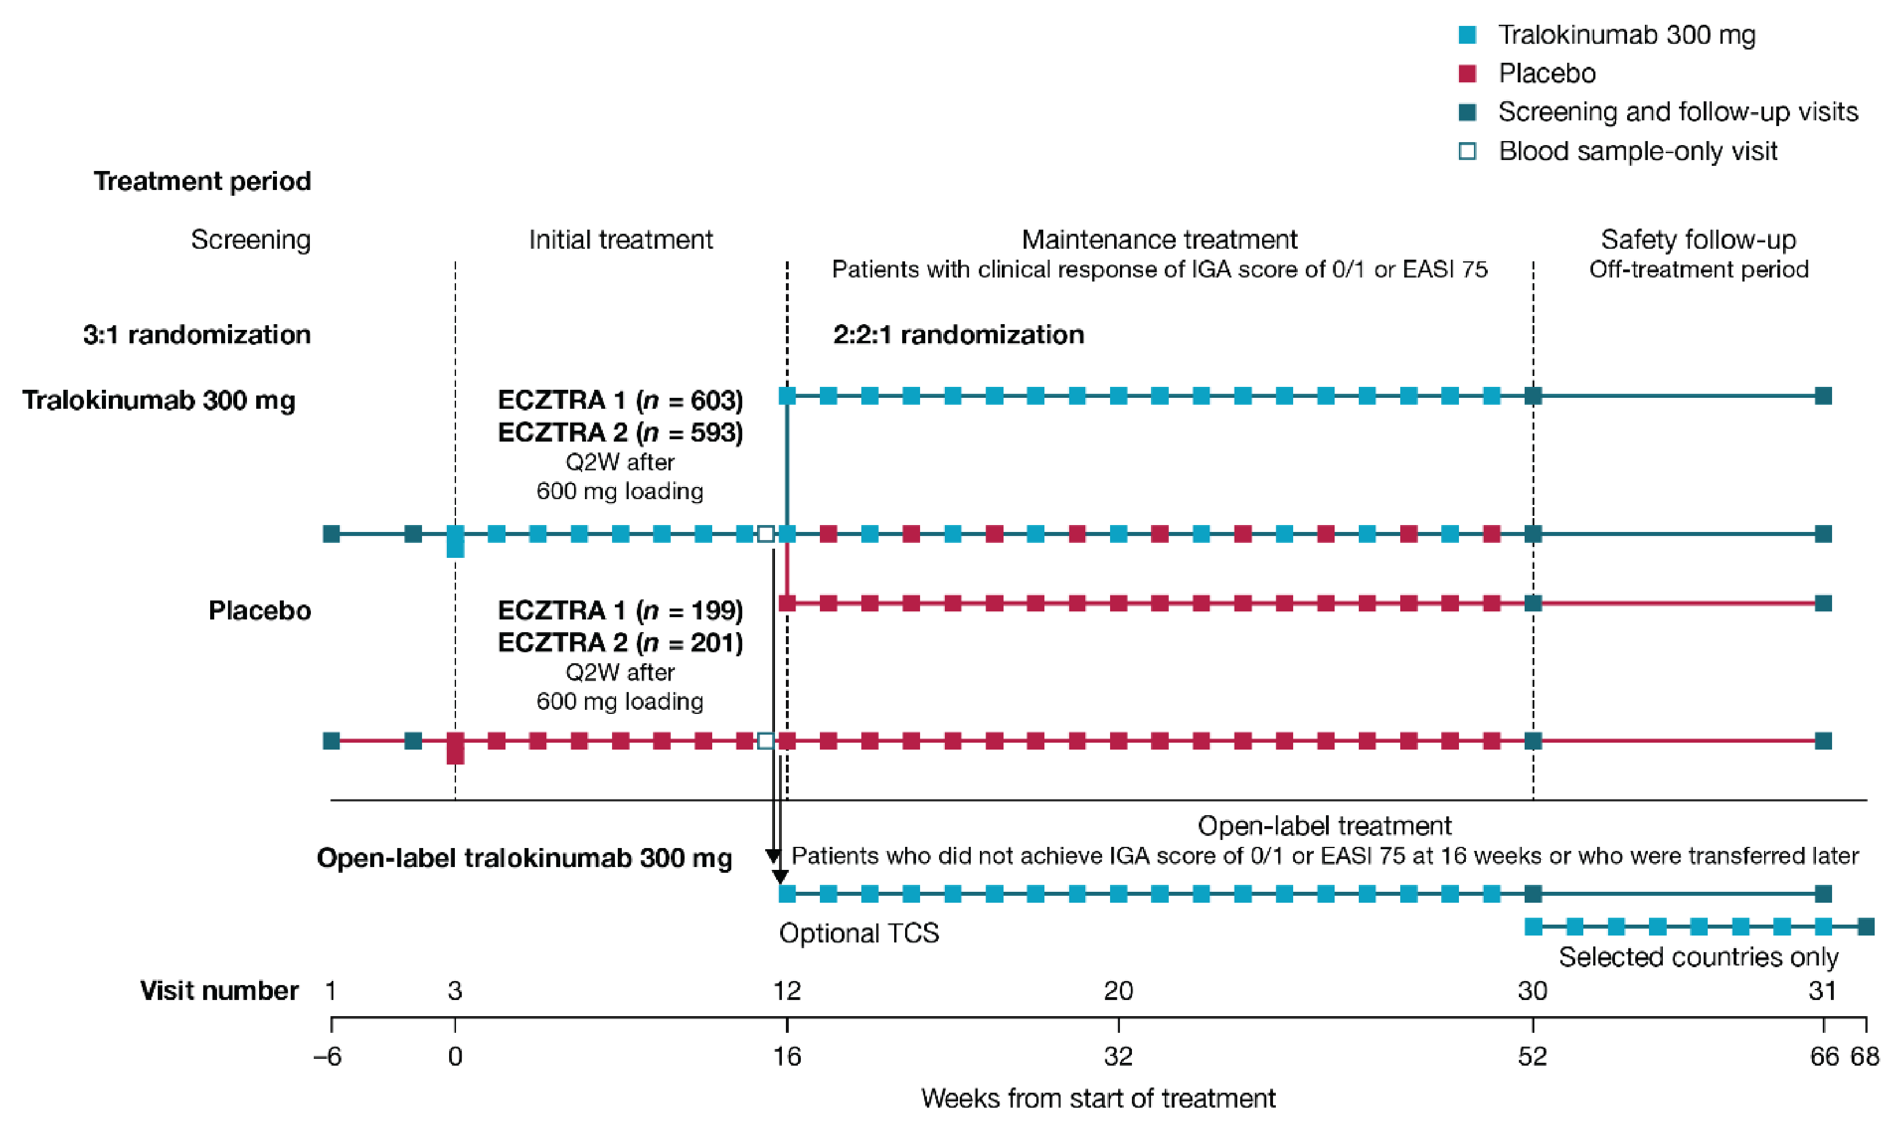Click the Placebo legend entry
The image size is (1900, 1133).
1546,73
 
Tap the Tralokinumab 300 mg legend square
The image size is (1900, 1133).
1467,35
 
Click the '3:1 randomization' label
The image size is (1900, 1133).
197,334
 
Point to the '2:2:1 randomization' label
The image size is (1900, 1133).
958,334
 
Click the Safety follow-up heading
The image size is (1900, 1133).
1698,239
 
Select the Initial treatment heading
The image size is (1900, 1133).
621,239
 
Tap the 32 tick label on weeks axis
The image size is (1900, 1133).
1118,1056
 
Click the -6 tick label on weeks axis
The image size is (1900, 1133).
328,1056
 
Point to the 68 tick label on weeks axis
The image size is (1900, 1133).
1864,1056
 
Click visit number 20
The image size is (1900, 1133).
1118,991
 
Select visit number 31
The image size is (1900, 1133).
1822,991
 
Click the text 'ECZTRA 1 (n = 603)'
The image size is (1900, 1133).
620,400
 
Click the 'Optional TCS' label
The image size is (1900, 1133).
859,933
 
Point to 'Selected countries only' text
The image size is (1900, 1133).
1698,957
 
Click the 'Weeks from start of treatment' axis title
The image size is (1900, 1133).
1098,1098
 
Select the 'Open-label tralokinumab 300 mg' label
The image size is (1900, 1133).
525,858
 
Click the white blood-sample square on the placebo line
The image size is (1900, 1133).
766,740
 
